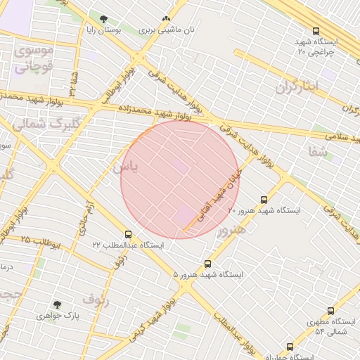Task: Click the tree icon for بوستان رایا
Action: tap(104, 19)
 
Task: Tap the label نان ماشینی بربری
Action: tap(166, 31)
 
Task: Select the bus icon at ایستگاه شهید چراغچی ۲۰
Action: tap(316, 31)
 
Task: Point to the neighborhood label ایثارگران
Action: tap(296, 88)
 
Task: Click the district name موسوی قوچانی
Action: tap(32, 59)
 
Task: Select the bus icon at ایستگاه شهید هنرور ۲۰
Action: tap(264, 200)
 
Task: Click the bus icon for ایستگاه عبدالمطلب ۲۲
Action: tap(128, 234)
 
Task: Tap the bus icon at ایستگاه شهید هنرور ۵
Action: tap(207, 264)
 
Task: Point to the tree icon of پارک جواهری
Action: tap(57, 305)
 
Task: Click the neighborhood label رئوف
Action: tap(96, 300)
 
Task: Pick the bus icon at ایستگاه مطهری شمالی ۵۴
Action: tap(330, 311)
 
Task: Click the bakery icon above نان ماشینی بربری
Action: tap(166, 20)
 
